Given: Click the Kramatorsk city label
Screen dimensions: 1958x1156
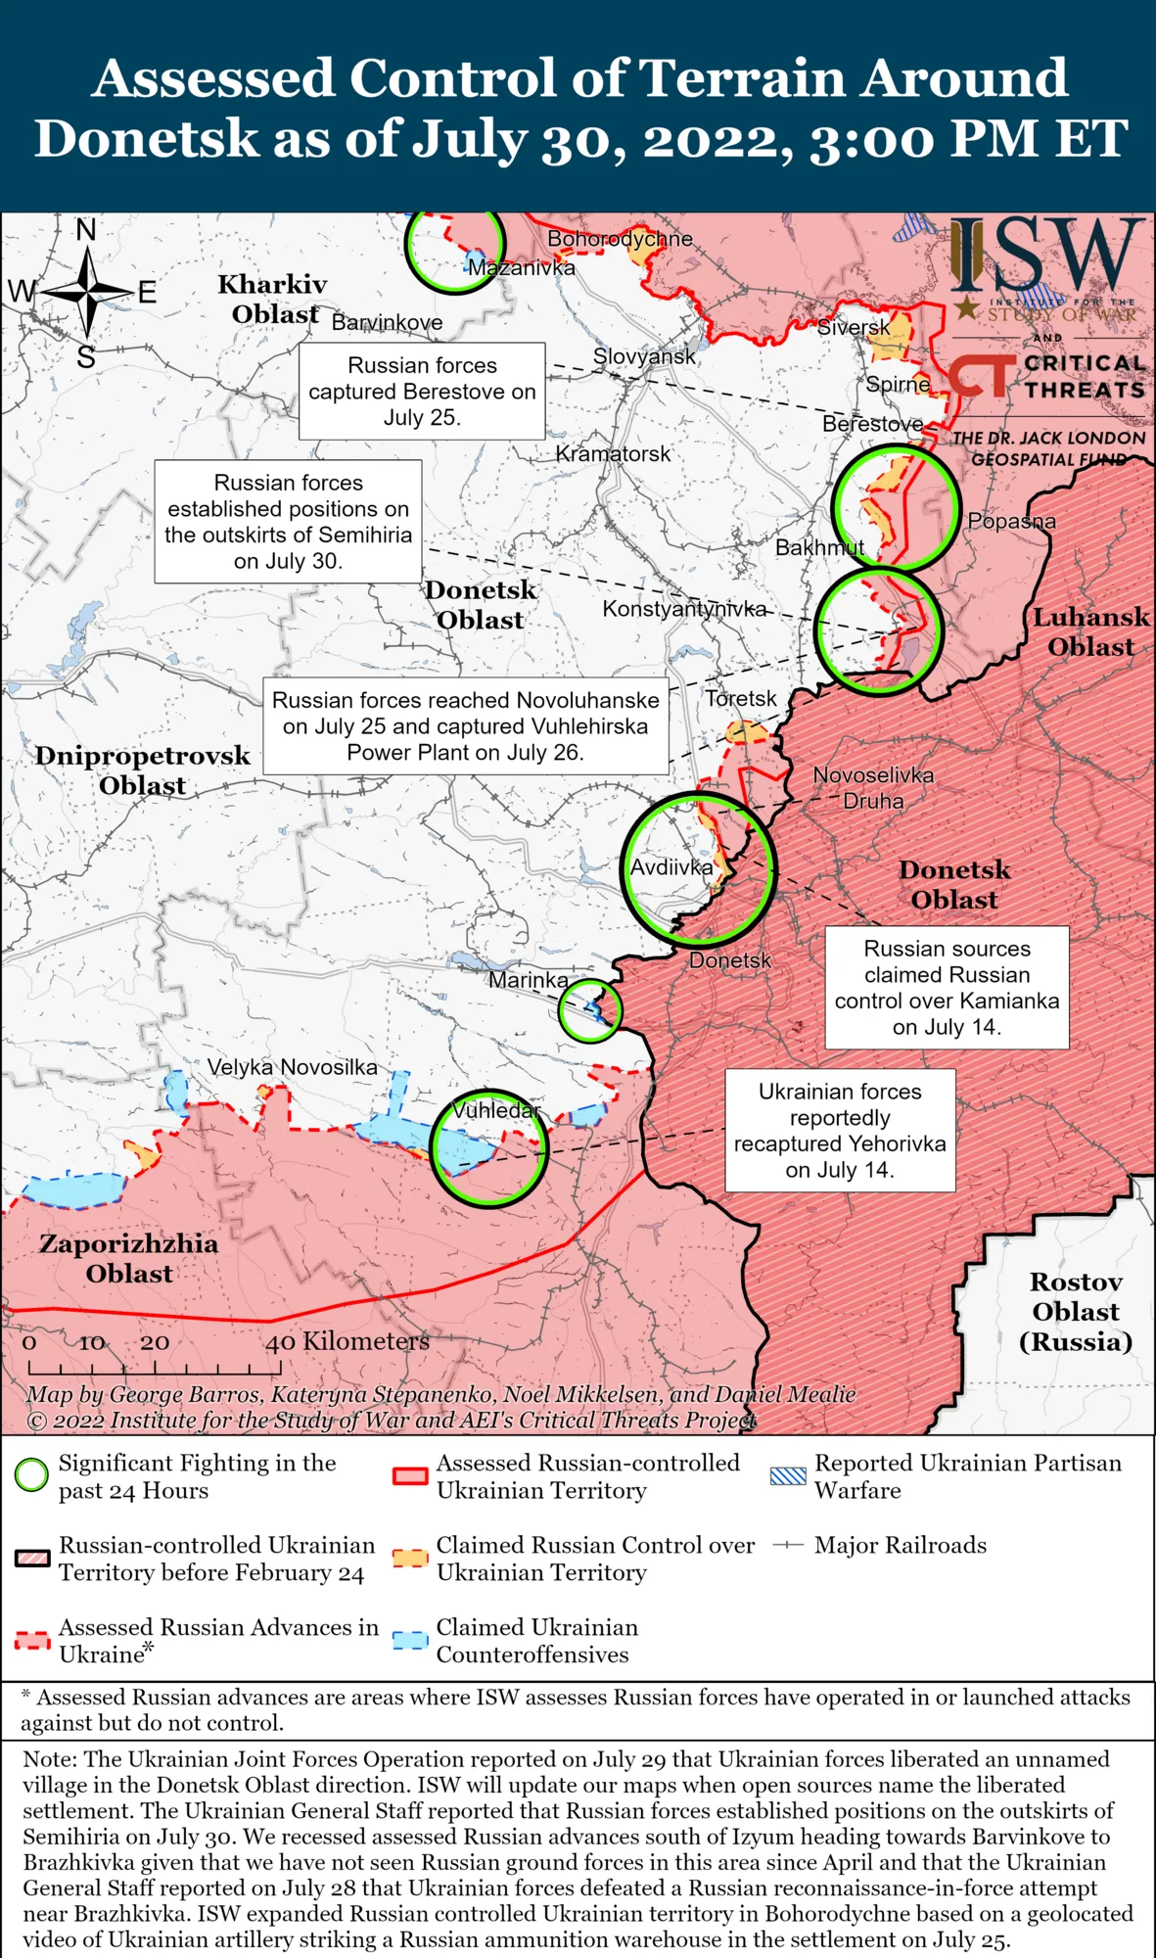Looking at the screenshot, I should (613, 453).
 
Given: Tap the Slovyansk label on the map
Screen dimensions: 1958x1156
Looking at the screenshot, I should (644, 356).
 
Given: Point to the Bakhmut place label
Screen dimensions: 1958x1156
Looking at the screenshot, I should (819, 547).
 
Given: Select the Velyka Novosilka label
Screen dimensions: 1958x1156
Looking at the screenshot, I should (292, 1066).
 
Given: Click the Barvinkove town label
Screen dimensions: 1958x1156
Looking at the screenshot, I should (387, 322).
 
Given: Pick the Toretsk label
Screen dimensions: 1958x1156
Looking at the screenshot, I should (741, 698).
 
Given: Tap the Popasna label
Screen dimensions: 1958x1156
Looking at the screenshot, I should (1011, 521).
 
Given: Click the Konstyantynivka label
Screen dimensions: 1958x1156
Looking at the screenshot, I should (684, 608).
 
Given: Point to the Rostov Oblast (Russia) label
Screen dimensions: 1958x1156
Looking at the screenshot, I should (1076, 1311).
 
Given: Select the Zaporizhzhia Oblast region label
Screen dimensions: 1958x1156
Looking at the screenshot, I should (128, 1258).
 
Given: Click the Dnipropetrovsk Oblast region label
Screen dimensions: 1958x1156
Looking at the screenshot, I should (143, 769).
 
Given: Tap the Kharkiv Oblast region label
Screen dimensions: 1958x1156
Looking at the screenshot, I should (273, 299).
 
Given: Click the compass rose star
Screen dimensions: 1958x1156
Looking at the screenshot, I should (87, 292).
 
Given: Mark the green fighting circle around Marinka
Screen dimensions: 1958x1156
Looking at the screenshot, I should (590, 1009).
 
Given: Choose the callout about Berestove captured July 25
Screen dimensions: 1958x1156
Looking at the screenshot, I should (422, 391).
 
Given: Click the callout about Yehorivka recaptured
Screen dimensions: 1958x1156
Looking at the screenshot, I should (840, 1130).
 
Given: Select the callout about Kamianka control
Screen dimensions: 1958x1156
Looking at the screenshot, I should (947, 987).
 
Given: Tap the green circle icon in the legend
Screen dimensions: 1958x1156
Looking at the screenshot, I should (31, 1474).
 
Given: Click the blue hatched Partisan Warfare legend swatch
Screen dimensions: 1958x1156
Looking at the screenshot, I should (788, 1475).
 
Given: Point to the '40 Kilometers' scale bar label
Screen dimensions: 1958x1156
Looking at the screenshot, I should (347, 1341).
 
